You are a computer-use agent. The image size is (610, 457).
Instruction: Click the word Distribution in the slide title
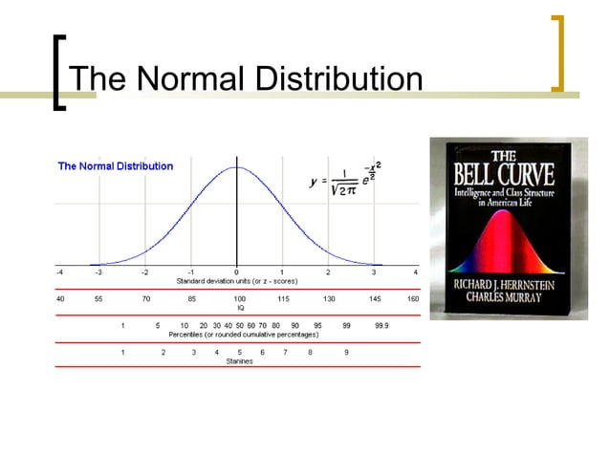[333, 79]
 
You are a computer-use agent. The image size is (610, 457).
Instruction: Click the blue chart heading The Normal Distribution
[116, 165]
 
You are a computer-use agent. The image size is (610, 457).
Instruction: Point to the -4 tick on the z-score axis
[58, 272]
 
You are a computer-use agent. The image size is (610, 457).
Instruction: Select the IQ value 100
[239, 299]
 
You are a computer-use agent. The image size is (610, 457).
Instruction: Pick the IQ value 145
[375, 299]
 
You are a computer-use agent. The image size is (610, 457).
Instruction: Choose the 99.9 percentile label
[381, 326]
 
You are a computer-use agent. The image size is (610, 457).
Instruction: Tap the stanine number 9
[346, 353]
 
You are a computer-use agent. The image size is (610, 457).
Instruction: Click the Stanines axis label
[239, 361]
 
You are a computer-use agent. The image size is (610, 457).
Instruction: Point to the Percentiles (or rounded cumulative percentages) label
[244, 335]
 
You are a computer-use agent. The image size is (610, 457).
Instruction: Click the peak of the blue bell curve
[237, 167]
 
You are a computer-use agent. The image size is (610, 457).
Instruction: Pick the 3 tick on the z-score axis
[374, 272]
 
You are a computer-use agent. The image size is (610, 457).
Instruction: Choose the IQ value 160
[413, 299]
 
